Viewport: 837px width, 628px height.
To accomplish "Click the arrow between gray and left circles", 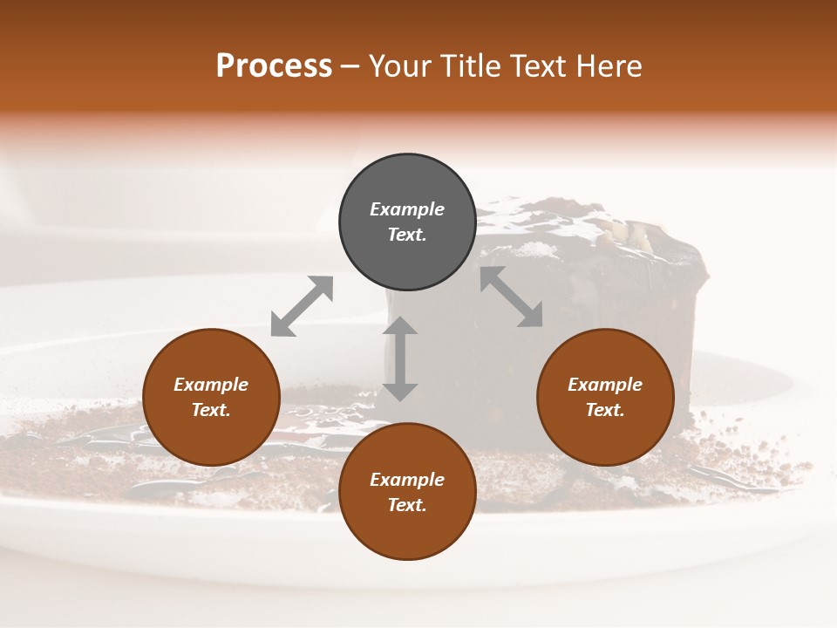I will (x=302, y=306).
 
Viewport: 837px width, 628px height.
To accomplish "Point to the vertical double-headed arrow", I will (x=400, y=358).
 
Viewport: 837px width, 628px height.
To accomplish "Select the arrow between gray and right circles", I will (x=512, y=297).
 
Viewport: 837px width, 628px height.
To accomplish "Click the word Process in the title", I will (x=274, y=65).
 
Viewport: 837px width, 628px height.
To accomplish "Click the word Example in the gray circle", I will (x=407, y=209).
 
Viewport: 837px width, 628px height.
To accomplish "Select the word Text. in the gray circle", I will (x=407, y=235).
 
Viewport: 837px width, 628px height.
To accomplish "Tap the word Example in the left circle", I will (x=211, y=385).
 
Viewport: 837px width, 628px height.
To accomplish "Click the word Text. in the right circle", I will (x=605, y=410).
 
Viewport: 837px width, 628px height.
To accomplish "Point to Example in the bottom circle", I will (x=407, y=480).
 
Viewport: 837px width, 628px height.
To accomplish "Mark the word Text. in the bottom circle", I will (x=407, y=505).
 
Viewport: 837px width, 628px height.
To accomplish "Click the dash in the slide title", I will (x=350, y=66).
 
